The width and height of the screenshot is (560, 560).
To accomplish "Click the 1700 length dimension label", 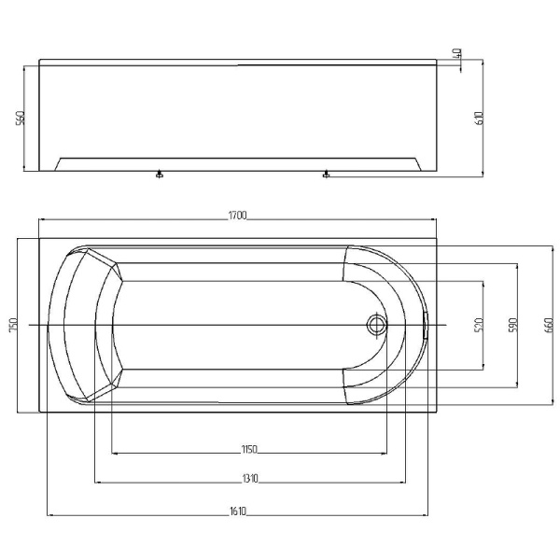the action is [237, 216].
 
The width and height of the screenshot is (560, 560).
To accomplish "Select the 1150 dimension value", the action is [249, 449].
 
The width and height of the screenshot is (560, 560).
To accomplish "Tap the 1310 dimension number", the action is [250, 478].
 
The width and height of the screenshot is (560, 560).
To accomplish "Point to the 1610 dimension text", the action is [238, 511].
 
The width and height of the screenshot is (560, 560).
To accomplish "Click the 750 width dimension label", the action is [13, 325].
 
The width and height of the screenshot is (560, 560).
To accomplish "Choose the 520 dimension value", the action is [479, 325].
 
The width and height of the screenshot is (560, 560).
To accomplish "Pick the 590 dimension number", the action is [512, 325].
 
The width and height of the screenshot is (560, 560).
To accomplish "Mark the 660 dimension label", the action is [549, 325].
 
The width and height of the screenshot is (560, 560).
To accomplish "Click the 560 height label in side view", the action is [21, 118].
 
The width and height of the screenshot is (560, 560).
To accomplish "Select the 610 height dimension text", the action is [480, 118].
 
